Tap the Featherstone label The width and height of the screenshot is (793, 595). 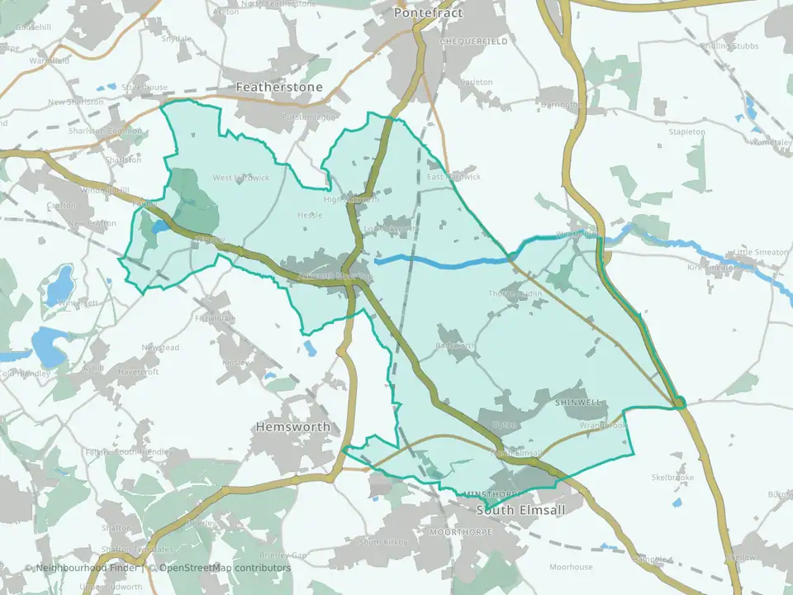[279, 86]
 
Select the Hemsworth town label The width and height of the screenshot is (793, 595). [292, 426]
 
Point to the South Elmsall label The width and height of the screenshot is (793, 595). [521, 510]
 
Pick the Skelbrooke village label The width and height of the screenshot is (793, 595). [672, 478]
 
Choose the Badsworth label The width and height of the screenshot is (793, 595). [454, 345]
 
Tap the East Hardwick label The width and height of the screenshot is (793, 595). [453, 177]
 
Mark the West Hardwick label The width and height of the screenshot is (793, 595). [241, 178]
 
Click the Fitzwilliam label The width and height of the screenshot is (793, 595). [215, 318]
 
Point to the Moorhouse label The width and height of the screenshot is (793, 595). [571, 567]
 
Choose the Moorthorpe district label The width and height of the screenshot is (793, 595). [460, 532]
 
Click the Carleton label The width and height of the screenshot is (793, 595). [476, 83]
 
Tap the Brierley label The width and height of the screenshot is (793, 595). [202, 523]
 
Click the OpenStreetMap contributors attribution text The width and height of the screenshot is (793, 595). [225, 568]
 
